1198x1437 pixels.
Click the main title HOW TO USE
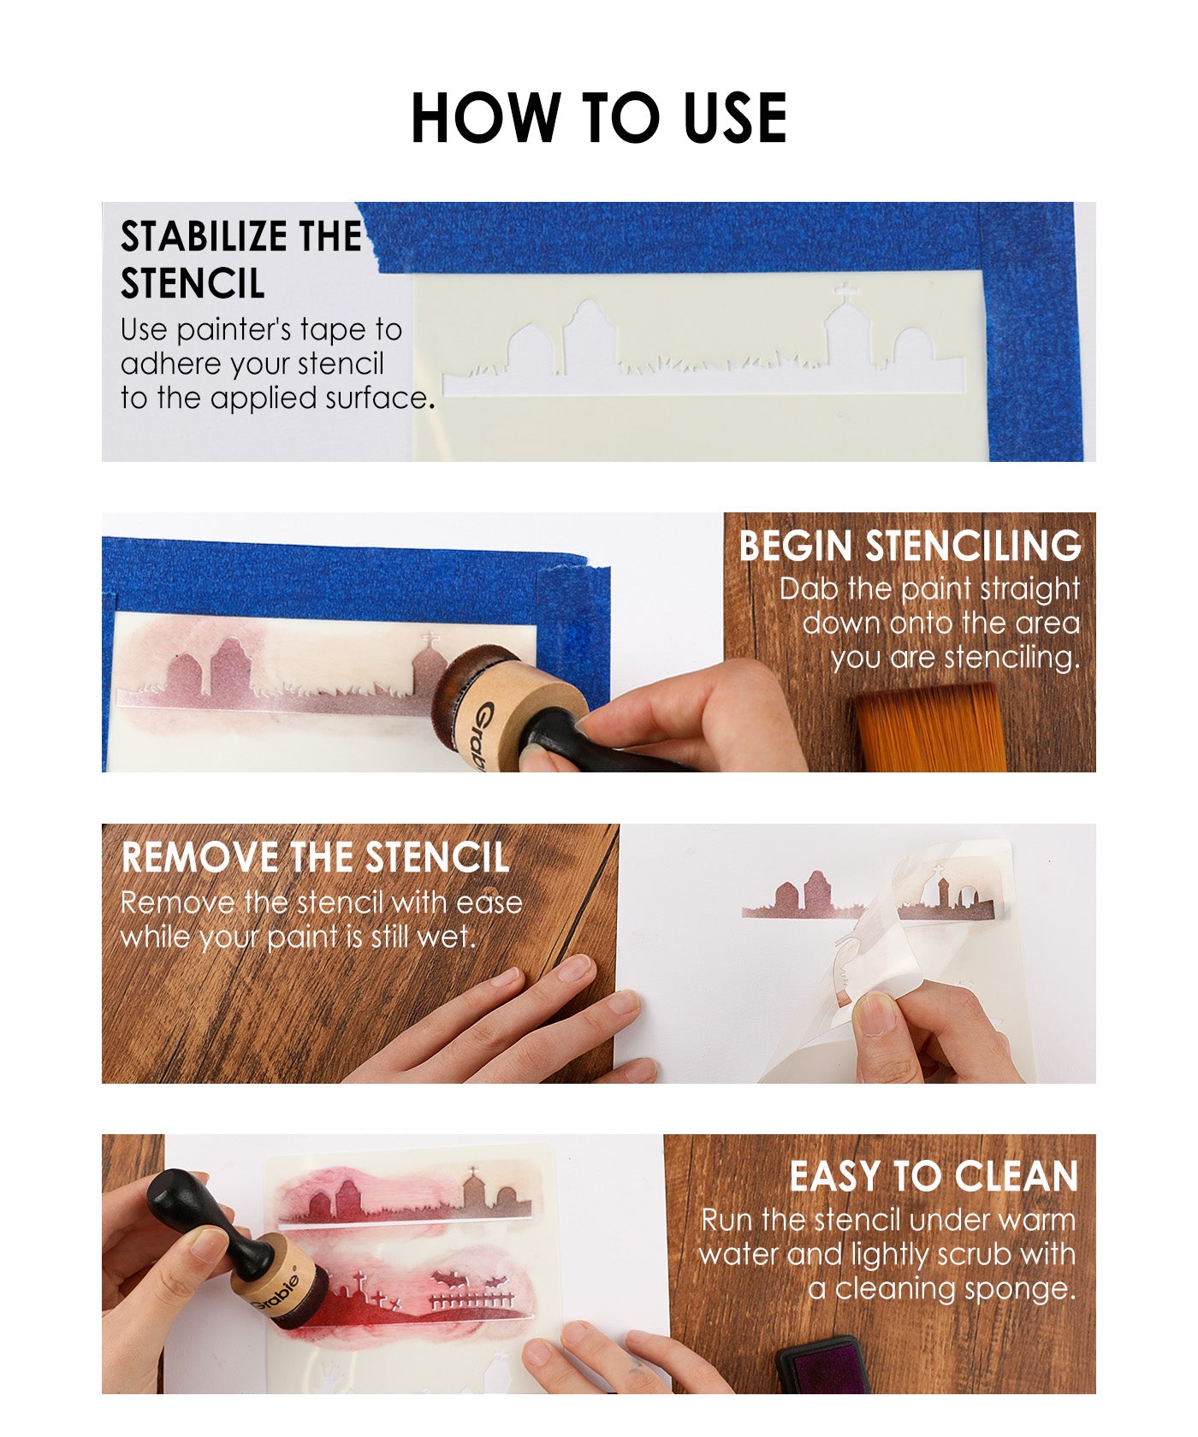click(599, 117)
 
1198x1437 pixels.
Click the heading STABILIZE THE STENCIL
click(241, 260)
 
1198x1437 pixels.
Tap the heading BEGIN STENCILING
click(910, 546)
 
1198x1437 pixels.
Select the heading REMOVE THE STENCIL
click(316, 857)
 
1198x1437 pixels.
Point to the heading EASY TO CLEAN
click(934, 1176)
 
